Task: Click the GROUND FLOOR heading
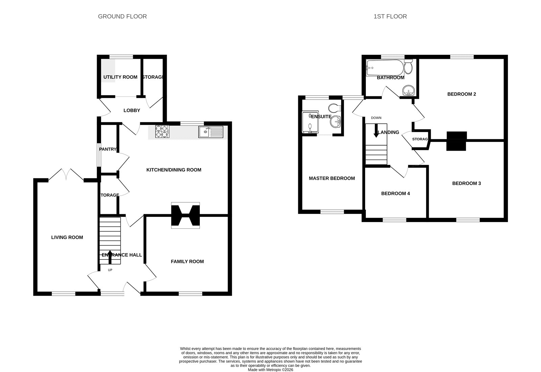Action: tap(122, 17)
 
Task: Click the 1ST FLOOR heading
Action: tap(390, 17)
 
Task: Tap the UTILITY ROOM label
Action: tap(120, 77)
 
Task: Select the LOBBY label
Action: tap(132, 110)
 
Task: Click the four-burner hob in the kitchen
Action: tap(162, 131)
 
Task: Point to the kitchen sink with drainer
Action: tap(211, 132)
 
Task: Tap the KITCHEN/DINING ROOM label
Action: tap(174, 170)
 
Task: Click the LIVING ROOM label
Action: tap(67, 237)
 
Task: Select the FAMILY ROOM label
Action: tap(187, 262)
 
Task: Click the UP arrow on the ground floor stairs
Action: tap(110, 257)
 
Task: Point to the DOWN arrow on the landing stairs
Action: tap(376, 131)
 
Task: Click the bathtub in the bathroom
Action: tap(385, 68)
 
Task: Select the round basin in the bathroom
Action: tap(409, 91)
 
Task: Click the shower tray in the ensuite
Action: tap(310, 122)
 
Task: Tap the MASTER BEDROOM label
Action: tap(332, 178)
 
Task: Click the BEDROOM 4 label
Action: tap(395, 193)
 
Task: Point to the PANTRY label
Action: tap(108, 149)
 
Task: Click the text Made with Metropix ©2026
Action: tap(270, 370)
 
